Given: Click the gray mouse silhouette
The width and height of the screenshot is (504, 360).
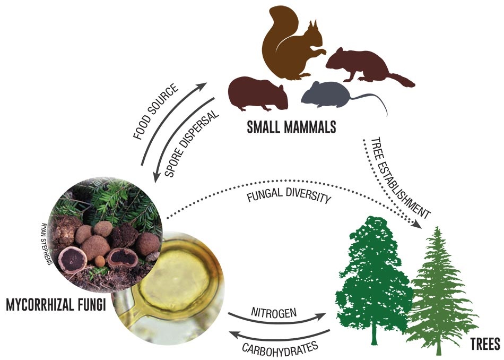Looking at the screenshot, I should [324, 94].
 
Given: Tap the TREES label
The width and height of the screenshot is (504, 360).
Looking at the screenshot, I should [484, 345].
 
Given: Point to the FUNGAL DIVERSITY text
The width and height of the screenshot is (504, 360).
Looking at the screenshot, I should [290, 198].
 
